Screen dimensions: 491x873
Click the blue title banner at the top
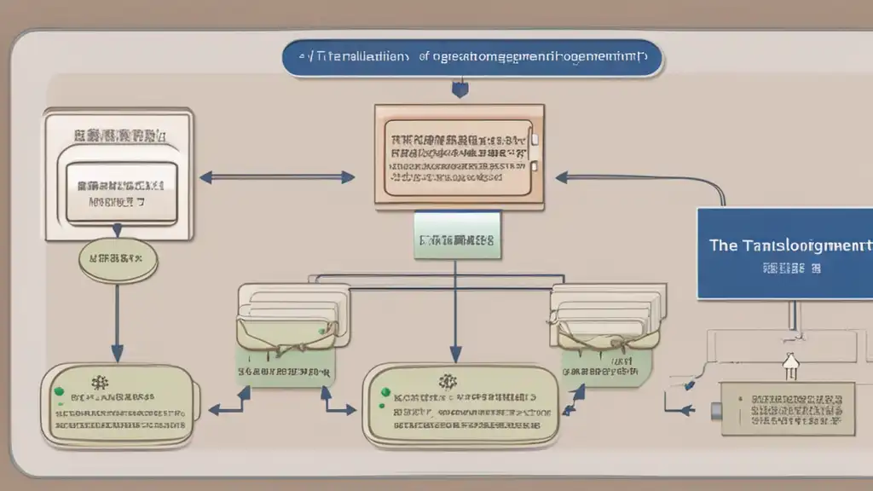471,59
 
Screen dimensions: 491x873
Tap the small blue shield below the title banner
461,88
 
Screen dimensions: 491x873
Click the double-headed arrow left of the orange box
277,177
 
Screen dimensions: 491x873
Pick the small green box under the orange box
457,234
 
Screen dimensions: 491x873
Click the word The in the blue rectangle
723,245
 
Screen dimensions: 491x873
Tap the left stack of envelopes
285,319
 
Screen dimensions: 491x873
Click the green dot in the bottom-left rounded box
59,391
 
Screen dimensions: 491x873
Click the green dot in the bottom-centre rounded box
384,393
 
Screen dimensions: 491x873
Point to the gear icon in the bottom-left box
104,383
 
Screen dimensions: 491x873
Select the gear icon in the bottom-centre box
443,383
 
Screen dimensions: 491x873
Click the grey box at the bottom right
788,408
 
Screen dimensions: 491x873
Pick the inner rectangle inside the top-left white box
121,190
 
